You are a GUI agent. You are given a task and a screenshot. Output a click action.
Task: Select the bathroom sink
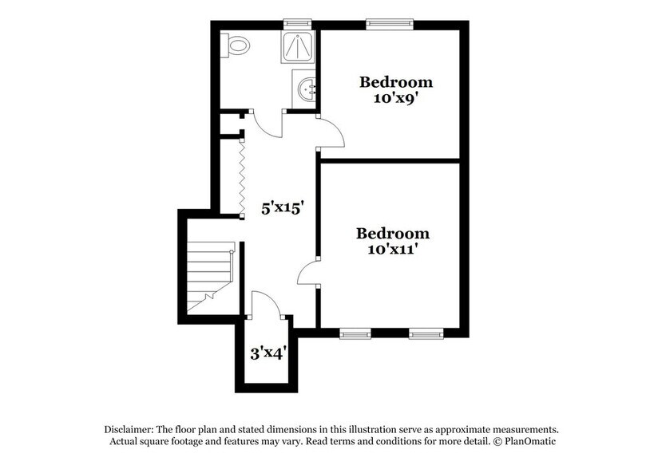304,89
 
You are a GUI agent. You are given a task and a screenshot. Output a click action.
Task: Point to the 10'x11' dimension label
393,249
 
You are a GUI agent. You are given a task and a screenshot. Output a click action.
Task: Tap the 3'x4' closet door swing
265,304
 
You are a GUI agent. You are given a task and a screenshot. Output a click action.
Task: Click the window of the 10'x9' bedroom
390,24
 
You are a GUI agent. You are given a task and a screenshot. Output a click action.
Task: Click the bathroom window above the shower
299,24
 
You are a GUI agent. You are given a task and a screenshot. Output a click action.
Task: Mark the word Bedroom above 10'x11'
393,234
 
